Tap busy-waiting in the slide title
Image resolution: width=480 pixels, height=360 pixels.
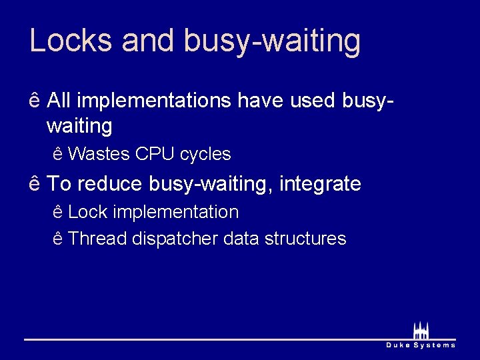pyautogui.click(x=272, y=41)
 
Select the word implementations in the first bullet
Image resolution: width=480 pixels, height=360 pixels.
pyautogui.click(x=154, y=101)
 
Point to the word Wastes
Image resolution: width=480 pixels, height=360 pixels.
pyautogui.click(x=99, y=155)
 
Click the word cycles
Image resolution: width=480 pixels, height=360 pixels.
pyautogui.click(x=205, y=155)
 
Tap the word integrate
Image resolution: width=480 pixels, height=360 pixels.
pyautogui.click(x=321, y=184)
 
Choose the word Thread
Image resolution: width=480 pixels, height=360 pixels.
pyautogui.click(x=98, y=239)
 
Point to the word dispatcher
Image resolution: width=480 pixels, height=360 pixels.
pyautogui.click(x=175, y=239)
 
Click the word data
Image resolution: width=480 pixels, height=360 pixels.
pyautogui.click(x=241, y=239)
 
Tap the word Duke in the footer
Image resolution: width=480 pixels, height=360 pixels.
pyautogui.click(x=399, y=345)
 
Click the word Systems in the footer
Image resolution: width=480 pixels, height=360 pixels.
pyautogui.click(x=435, y=345)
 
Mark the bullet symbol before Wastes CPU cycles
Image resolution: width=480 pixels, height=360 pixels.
pyautogui.click(x=57, y=155)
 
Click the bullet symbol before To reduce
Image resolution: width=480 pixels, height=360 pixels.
pyautogui.click(x=35, y=183)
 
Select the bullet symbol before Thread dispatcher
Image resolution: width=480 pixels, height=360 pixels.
pyautogui.click(x=57, y=239)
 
